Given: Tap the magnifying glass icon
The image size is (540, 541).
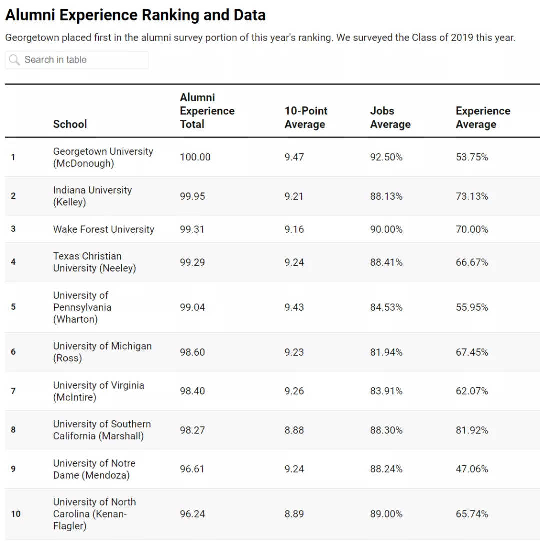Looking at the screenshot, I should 14,60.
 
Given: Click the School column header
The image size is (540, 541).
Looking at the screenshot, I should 70,124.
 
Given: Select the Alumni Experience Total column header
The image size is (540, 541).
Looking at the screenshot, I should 207,111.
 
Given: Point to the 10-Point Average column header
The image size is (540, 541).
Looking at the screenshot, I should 306,118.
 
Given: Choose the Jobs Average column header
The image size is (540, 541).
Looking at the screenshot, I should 390,118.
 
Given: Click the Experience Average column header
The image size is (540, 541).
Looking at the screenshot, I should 483,118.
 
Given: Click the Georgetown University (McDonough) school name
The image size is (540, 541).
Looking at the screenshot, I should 103,157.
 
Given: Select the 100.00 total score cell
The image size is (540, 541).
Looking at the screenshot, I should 195,157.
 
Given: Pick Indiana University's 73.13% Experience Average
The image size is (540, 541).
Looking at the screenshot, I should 472,196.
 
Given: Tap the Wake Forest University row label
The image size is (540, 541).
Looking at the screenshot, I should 103,229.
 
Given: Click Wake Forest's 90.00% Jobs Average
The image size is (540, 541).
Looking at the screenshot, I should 386,229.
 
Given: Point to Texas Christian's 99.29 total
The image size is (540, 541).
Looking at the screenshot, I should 192,262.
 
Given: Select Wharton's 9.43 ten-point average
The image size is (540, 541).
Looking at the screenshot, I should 294,307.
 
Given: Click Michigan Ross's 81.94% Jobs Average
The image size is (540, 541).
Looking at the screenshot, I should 386,352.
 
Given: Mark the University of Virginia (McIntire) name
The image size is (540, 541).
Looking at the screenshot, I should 98,391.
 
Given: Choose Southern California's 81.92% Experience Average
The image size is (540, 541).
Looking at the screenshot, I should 472,430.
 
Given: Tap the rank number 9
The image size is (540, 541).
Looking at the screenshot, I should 13,469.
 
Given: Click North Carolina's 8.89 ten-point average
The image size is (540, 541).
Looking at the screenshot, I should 294,514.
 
